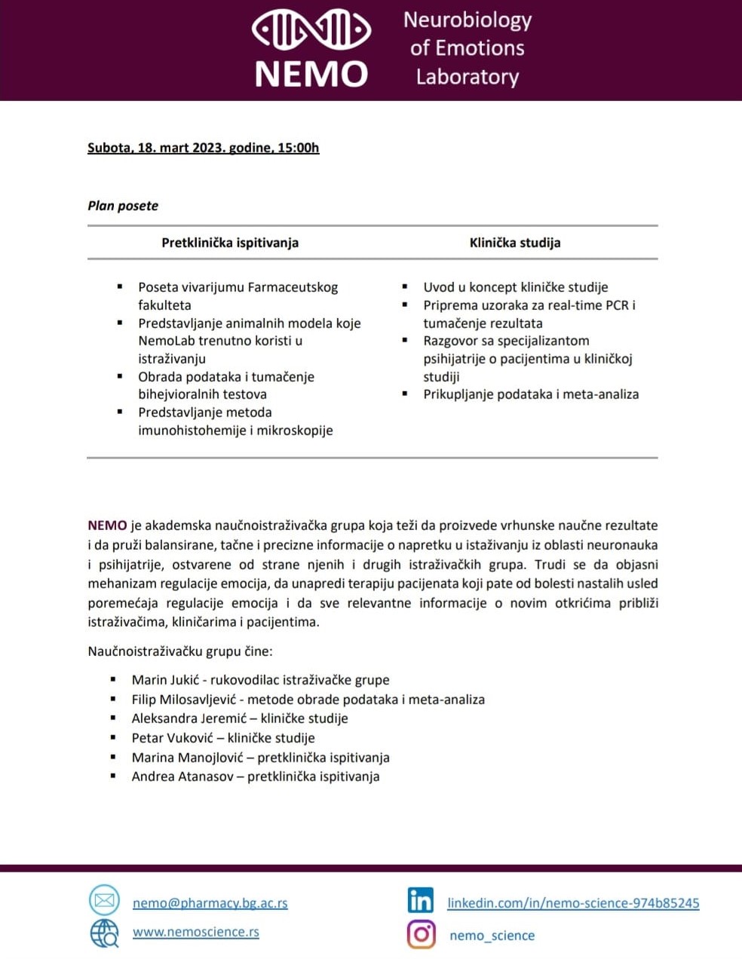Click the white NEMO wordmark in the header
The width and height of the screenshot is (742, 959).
pyautogui.click(x=311, y=74)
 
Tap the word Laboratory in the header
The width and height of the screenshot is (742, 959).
pyautogui.click(x=467, y=77)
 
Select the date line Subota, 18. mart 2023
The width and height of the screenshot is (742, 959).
pyautogui.click(x=203, y=148)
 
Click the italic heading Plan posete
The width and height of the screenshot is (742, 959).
pyautogui.click(x=123, y=206)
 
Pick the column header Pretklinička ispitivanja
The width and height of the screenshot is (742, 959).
pyautogui.click(x=230, y=243)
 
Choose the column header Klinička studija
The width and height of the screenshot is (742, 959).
pyautogui.click(x=515, y=243)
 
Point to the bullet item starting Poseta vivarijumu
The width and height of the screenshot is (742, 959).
pyautogui.click(x=238, y=287)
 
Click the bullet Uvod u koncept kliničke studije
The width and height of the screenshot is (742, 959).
pyautogui.click(x=515, y=287)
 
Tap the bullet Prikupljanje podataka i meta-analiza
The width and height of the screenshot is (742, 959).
pyautogui.click(x=531, y=394)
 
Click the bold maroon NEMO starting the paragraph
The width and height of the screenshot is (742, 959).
pyautogui.click(x=107, y=525)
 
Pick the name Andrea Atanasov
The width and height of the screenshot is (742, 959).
pyautogui.click(x=182, y=777)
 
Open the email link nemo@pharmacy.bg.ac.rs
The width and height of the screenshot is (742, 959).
pyautogui.click(x=210, y=903)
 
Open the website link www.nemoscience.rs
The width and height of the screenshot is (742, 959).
pyautogui.click(x=195, y=932)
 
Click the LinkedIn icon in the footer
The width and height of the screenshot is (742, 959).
pyautogui.click(x=421, y=900)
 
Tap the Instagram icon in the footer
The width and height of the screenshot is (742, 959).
pyautogui.click(x=422, y=934)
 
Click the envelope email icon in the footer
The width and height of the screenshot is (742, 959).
pyautogui.click(x=104, y=900)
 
